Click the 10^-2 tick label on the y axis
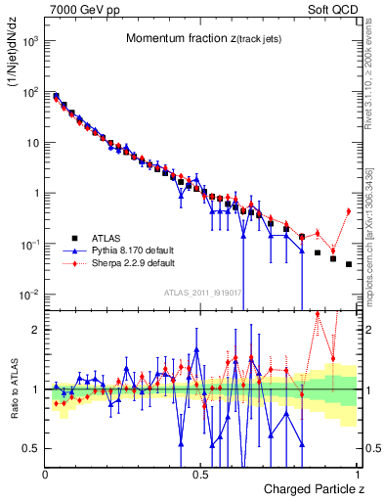pos(30,295)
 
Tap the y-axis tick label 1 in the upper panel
pos(36,193)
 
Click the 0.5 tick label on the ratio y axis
pos(31,449)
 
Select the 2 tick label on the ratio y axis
pos(36,330)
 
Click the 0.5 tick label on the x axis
pos(200,474)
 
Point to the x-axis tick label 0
pos(46,474)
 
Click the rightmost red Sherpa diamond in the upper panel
pos(349,210)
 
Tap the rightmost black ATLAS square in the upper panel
pos(349,264)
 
